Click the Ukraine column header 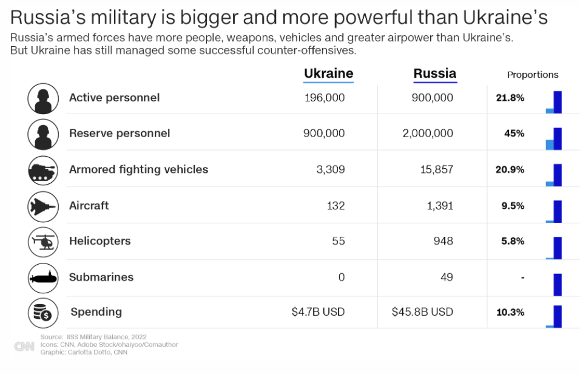328,74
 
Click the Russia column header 434,74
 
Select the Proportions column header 533,75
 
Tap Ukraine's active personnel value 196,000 324,98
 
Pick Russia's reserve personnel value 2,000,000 428,134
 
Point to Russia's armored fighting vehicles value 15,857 436,169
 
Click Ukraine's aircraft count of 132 336,206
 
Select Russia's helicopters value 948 443,241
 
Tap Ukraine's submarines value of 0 341,277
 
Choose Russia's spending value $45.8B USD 422,312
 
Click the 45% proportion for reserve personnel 514,134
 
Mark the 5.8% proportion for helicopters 513,241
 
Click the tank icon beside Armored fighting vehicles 43,171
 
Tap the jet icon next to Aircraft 43,206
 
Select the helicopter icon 43,242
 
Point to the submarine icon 43,278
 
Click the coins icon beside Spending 43,313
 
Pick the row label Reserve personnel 120,134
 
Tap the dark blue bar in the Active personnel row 558,102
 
